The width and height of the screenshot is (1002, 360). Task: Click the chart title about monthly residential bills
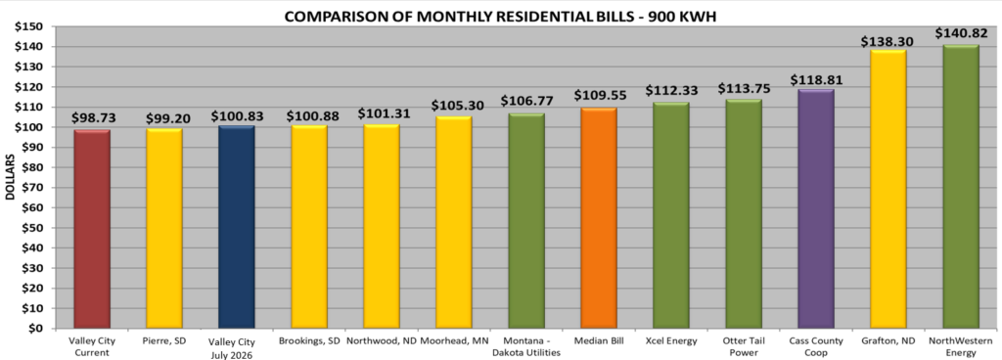pyautogui.click(x=500, y=17)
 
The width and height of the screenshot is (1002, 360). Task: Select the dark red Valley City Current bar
pyautogui.click(x=92, y=229)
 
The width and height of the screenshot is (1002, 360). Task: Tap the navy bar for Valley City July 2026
pyautogui.click(x=237, y=227)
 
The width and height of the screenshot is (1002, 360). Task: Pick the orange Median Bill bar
pyautogui.click(x=599, y=218)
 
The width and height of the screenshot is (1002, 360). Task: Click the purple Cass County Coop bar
pyautogui.click(x=816, y=208)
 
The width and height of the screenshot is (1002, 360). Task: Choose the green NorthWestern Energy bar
pyautogui.click(x=961, y=187)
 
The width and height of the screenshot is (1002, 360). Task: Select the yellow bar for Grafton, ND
pyautogui.click(x=888, y=189)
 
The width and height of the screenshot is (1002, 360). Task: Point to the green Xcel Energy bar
pyautogui.click(x=671, y=215)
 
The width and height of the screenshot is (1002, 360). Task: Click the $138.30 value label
pyautogui.click(x=887, y=41)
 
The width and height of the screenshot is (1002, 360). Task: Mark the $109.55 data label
pyautogui.click(x=600, y=95)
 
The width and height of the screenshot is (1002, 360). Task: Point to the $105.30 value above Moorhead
pyautogui.click(x=454, y=105)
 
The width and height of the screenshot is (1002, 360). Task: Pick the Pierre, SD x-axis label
pyautogui.click(x=164, y=340)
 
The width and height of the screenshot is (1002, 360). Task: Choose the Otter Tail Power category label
pyautogui.click(x=744, y=346)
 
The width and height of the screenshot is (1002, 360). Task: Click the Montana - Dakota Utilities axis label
pyautogui.click(x=526, y=346)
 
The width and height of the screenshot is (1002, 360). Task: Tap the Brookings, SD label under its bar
pyautogui.click(x=309, y=340)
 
